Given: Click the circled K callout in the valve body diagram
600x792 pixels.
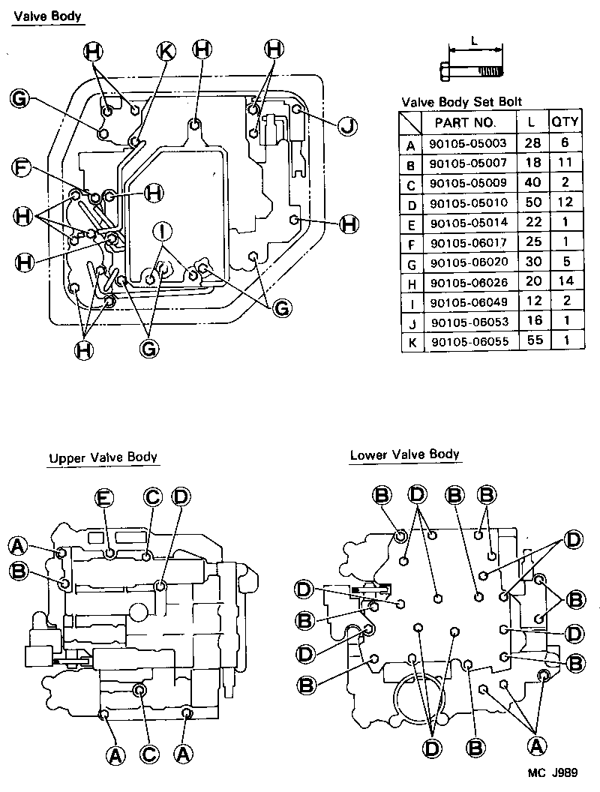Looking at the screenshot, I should click(x=166, y=50).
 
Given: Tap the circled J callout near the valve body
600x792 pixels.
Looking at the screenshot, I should click(x=346, y=125).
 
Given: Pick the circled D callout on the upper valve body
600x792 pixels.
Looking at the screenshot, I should click(x=180, y=497).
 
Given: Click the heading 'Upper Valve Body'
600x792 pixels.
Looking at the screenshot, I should click(x=103, y=457).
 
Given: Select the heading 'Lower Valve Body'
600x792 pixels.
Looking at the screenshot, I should click(x=404, y=454).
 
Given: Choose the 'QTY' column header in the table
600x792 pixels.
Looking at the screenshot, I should click(x=565, y=122).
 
